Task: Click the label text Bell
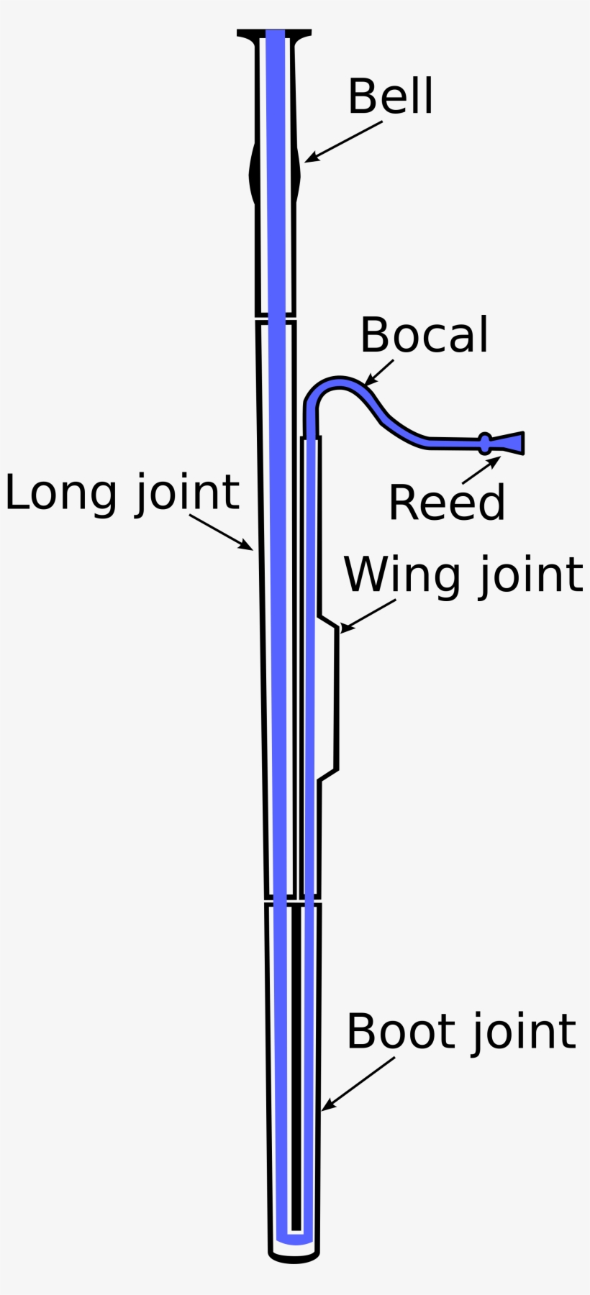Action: pos(390,96)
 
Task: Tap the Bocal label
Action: pos(424,335)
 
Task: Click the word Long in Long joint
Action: pos(60,493)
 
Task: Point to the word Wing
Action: pos(401,575)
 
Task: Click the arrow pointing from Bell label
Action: pos(343,141)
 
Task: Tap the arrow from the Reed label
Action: pos(481,470)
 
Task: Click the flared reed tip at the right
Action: pos(512,443)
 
